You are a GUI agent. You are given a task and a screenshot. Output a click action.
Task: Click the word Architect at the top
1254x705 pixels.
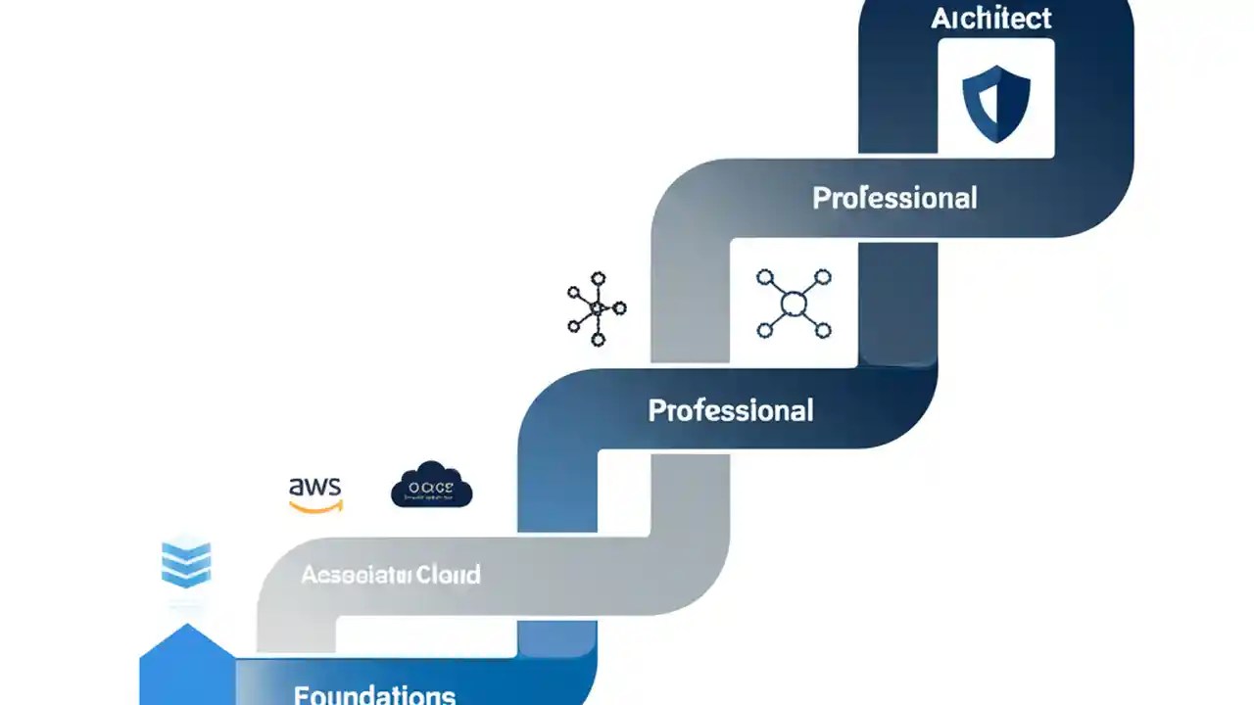(x=991, y=18)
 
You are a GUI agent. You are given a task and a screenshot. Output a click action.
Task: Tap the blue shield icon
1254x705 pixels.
(x=996, y=103)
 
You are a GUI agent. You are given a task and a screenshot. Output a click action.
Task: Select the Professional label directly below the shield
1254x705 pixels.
(x=894, y=199)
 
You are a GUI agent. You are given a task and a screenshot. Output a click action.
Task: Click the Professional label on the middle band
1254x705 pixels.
(x=731, y=410)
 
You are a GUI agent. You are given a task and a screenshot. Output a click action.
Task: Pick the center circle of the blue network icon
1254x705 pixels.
(x=794, y=305)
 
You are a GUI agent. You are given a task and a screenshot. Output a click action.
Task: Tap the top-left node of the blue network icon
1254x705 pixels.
(x=766, y=278)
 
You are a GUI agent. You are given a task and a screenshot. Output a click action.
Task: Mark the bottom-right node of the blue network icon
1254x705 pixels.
(x=822, y=330)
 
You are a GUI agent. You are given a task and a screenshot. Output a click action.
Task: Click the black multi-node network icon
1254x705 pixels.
(x=597, y=309)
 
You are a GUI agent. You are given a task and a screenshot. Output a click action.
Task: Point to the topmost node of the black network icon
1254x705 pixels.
(x=598, y=279)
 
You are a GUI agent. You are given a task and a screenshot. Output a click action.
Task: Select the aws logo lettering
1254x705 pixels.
(x=315, y=487)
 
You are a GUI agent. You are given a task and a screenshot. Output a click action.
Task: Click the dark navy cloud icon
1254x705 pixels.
(x=431, y=485)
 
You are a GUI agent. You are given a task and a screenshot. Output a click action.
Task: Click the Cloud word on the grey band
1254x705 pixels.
(x=448, y=574)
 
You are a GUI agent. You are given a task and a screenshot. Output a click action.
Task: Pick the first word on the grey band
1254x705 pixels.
(x=356, y=574)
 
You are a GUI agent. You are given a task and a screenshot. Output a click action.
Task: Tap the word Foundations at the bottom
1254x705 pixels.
(x=374, y=695)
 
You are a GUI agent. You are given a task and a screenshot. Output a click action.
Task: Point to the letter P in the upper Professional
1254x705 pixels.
(x=821, y=199)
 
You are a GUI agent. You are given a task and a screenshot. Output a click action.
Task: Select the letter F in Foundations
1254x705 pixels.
(x=301, y=695)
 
